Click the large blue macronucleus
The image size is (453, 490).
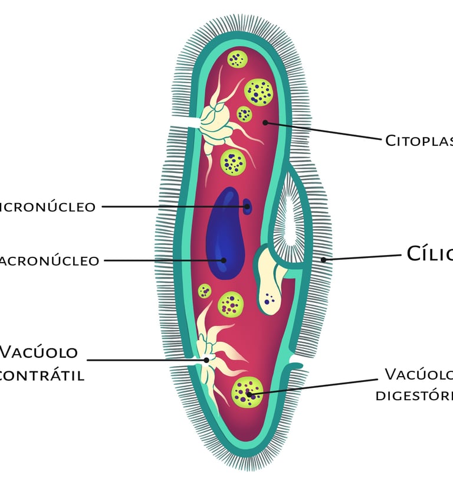point(225,236)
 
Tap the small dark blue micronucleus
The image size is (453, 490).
point(247,206)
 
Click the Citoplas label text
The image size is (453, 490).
point(419,141)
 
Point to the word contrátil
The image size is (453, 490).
point(41,375)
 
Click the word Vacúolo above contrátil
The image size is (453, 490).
point(39,352)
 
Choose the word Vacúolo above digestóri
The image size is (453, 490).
point(419,374)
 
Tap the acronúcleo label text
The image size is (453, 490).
point(50,261)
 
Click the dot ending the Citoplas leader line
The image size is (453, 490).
point(265,123)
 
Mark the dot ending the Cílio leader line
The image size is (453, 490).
point(323,259)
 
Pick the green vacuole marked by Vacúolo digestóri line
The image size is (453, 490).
point(247,392)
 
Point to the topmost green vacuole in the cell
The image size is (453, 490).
point(237,58)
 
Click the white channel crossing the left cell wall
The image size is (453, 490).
point(184,122)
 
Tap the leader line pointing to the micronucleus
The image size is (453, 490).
point(171,207)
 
